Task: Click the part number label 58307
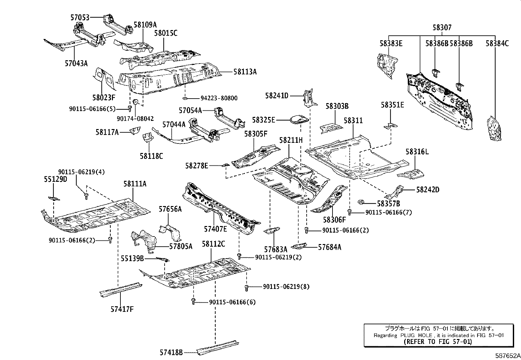(x=441, y=28)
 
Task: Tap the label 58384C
(x=497, y=43)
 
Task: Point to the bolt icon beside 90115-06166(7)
(x=350, y=212)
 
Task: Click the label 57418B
(x=171, y=352)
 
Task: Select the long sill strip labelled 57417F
(x=120, y=288)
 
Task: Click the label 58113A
(x=245, y=71)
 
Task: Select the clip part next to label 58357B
(x=361, y=202)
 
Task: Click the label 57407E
(x=215, y=229)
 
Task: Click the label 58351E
(x=392, y=105)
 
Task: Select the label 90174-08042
(x=135, y=119)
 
